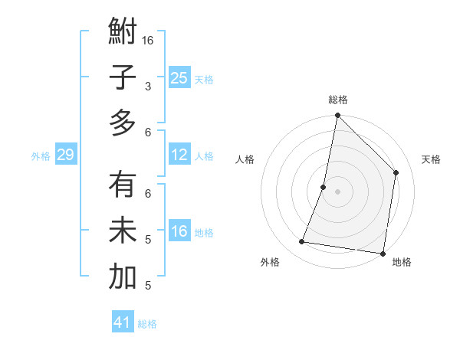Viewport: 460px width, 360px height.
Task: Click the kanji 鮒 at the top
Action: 123,34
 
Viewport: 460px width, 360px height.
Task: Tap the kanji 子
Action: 123,79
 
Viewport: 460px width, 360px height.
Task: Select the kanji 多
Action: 123,123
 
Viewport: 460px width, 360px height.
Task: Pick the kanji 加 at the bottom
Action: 123,277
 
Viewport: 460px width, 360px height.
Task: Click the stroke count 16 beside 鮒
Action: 148,40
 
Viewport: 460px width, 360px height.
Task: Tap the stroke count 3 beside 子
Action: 148,86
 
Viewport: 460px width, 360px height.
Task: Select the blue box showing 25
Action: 179,77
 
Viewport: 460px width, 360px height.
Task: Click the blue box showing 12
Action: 179,155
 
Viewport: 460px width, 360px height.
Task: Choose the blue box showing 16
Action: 179,231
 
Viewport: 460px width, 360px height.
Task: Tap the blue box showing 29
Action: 65,155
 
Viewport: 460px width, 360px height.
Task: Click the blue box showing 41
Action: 123,322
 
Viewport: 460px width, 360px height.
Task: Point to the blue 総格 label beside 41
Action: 148,324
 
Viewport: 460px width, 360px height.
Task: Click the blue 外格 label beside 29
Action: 41,156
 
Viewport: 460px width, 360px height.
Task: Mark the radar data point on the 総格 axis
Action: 337,116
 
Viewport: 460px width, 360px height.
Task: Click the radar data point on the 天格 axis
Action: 396,172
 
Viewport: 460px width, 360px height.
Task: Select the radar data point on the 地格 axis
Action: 383,253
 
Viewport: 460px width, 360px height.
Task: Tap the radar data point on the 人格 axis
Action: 324,187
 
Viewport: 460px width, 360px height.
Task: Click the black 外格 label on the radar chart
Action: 270,262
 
